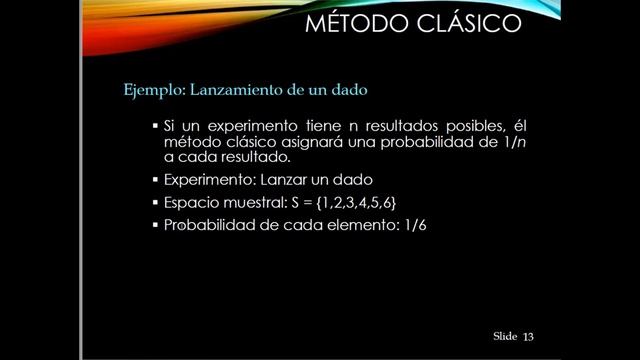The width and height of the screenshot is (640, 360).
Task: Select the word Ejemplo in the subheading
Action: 147,90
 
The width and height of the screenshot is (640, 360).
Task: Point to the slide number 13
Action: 529,337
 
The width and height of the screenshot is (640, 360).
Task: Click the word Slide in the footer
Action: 504,337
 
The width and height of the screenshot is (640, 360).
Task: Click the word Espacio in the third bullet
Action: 190,203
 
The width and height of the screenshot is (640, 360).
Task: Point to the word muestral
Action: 253,203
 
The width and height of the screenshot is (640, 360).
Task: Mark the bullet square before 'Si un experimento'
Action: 155,127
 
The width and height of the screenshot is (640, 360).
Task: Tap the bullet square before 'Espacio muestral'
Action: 155,203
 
